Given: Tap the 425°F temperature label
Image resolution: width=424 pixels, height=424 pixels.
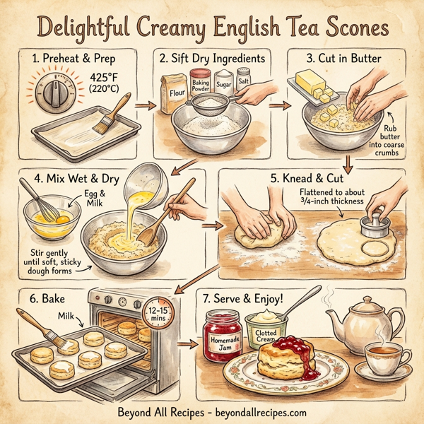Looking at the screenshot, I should [106, 79].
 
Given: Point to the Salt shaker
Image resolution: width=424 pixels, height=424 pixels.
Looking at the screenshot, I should [244, 79].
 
